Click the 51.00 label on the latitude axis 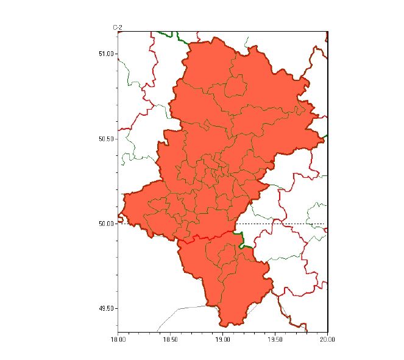(106, 54)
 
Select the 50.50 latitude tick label (106, 139)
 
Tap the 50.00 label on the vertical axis (106, 224)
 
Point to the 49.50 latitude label (106, 309)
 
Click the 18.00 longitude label (118, 338)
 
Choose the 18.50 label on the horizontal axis (171, 338)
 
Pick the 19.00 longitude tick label (223, 338)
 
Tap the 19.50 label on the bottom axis (275, 338)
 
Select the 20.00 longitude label (328, 338)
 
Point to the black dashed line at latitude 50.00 (286, 224)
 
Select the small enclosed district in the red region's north (235, 86)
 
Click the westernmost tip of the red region (119, 213)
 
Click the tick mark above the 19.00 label (223, 331)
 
